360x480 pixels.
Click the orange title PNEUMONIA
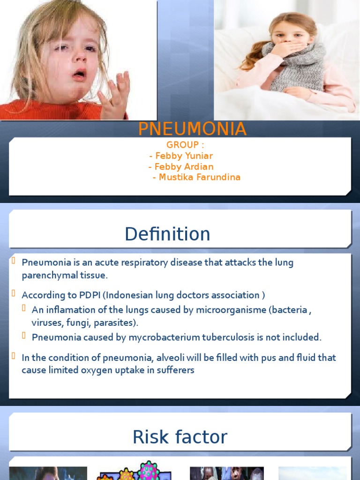pyautogui.click(x=192, y=129)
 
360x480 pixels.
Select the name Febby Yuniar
pyautogui.click(x=181, y=156)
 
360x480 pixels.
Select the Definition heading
pyautogui.click(x=167, y=234)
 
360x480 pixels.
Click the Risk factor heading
pyautogui.click(x=180, y=437)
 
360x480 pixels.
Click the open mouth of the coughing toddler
pyautogui.click(x=79, y=74)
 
